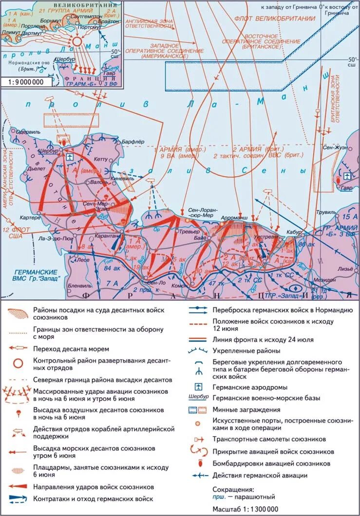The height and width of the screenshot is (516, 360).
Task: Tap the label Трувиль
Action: [x=326, y=213]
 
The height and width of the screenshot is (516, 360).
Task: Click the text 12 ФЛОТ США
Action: [x=15, y=232]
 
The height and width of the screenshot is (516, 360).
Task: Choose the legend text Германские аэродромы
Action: [x=248, y=387]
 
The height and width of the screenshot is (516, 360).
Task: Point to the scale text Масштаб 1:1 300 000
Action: [x=246, y=509]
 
